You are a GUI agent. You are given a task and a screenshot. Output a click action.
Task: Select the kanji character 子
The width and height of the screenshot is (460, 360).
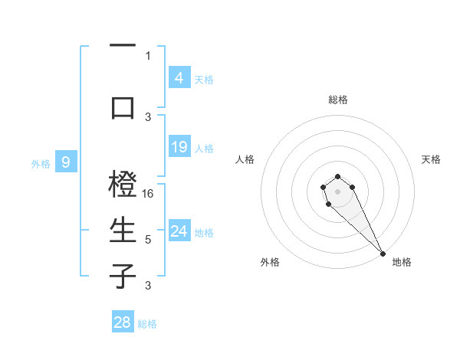(123, 276)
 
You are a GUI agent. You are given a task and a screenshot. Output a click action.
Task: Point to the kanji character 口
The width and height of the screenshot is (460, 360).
(123, 106)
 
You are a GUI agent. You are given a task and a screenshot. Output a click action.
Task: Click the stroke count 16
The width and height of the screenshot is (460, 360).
(149, 194)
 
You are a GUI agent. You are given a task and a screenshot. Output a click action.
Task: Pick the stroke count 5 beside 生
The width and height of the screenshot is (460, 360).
(148, 240)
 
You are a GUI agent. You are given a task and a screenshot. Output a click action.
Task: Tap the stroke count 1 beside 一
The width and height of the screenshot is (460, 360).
(148, 55)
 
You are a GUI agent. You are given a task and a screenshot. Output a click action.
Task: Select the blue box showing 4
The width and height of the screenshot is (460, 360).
(179, 77)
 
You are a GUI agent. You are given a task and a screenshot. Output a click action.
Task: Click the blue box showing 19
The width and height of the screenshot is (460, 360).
(179, 147)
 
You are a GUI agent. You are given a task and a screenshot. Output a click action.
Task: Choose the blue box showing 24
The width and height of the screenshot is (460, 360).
(179, 231)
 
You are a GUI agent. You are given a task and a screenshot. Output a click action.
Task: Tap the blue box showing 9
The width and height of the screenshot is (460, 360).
(67, 162)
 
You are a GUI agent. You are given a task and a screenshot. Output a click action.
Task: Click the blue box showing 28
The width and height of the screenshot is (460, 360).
(123, 322)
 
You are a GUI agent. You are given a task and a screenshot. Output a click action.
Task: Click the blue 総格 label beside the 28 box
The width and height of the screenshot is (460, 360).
(147, 324)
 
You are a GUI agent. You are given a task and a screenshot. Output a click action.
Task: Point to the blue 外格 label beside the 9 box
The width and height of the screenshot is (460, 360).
(40, 163)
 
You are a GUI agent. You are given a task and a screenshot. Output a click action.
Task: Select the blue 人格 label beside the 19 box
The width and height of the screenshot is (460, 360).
(204, 148)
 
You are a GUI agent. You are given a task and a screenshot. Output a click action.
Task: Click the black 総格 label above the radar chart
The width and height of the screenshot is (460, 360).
(338, 100)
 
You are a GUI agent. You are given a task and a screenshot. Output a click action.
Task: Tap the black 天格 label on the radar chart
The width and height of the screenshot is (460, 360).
(431, 159)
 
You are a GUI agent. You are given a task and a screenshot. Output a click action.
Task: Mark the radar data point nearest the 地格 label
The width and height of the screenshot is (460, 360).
(383, 254)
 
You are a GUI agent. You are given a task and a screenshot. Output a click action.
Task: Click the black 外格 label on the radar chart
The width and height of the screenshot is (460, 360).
(270, 262)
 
